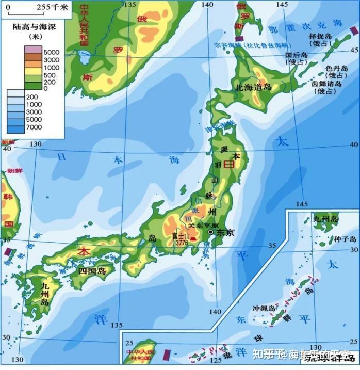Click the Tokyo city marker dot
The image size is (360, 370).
[x=210, y=233]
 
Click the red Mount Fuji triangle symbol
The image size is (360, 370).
[x=192, y=240]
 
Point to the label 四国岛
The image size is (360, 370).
[x=91, y=270]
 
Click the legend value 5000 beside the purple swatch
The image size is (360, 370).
[x=52, y=53]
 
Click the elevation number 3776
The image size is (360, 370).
[x=181, y=242]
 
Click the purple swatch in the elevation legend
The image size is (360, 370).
[x=32, y=50]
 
